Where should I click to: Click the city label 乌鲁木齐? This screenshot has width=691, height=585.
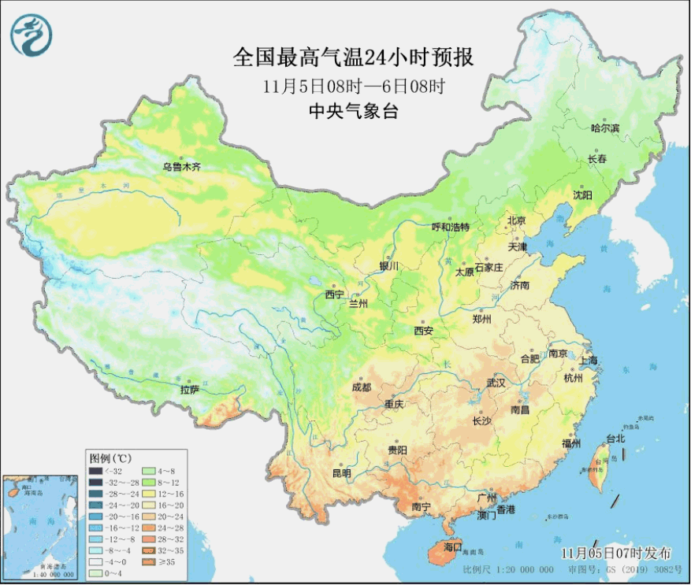coord(182,167)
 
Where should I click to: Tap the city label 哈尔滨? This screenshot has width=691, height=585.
coord(605,128)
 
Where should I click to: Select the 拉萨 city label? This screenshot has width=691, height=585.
coord(189,389)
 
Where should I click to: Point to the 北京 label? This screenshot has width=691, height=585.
coord(516,220)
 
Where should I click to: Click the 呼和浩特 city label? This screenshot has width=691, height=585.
coord(450,227)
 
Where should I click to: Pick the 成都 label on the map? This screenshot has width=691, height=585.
coord(362,387)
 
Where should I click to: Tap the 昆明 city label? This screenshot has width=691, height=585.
coord(341,473)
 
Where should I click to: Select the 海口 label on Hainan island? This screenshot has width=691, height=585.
coord(453,546)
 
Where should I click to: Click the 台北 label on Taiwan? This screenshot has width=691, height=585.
coord(615,439)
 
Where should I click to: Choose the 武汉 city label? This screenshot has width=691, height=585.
coord(496,383)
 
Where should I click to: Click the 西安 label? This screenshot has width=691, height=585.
coord(423,331)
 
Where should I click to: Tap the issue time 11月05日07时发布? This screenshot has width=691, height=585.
coord(617,551)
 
